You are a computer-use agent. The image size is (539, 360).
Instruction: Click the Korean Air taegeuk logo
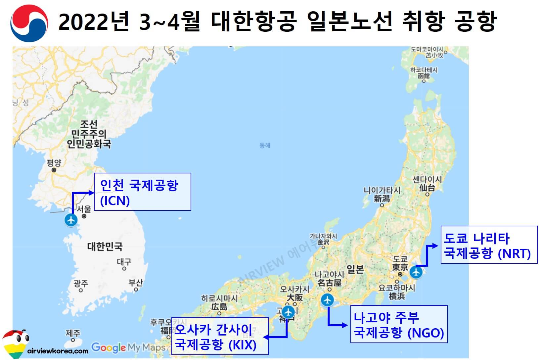[29, 22]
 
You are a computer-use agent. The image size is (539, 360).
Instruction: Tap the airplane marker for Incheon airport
[71, 220]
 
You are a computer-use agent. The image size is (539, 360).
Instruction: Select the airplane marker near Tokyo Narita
[416, 273]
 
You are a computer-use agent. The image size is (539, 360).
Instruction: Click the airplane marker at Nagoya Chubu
[328, 300]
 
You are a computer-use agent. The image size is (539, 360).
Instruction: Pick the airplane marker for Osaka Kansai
[289, 312]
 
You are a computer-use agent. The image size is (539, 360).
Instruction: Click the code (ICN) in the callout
[115, 201]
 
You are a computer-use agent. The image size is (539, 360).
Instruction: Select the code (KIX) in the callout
[243, 345]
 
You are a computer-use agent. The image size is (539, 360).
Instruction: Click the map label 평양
[54, 162]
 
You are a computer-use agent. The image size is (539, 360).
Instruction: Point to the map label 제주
[73, 333]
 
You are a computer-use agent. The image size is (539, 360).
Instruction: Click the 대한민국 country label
[105, 247]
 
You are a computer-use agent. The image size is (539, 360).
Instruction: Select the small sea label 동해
[265, 145]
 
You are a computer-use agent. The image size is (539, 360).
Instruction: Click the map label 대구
[124, 262]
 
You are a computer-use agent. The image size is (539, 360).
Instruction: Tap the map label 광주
[81, 283]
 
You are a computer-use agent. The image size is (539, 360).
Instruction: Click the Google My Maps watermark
[128, 347]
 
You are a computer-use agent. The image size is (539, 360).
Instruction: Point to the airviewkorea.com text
[58, 351]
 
